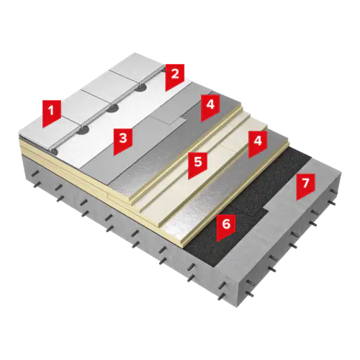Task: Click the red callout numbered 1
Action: [51, 114]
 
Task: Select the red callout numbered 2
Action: [175, 78]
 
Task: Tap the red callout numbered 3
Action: [123, 142]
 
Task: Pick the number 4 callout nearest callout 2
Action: [210, 108]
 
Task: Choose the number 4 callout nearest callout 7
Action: [258, 144]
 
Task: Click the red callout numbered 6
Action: [226, 228]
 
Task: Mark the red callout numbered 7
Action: [305, 186]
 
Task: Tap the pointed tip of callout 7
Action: [297, 201]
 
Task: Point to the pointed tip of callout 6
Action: [217, 241]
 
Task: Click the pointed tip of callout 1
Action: [43, 127]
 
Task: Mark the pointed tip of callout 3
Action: [114, 156]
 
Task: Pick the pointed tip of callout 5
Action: [189, 179]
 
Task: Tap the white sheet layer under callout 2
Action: [135, 120]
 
